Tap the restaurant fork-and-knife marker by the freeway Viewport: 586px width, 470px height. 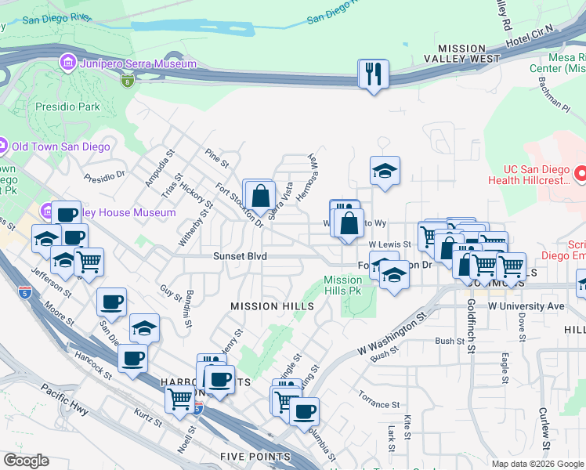pos(373,74)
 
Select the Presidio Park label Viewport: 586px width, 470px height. pos(67,106)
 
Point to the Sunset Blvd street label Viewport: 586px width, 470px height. pos(240,256)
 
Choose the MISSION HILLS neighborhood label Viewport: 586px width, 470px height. pos(272,306)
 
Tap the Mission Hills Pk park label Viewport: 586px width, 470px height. pos(343,285)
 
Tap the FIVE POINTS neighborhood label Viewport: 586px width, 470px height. pos(255,457)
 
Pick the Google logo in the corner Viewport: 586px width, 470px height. pos(26,461)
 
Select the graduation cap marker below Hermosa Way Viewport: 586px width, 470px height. pos(385,172)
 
